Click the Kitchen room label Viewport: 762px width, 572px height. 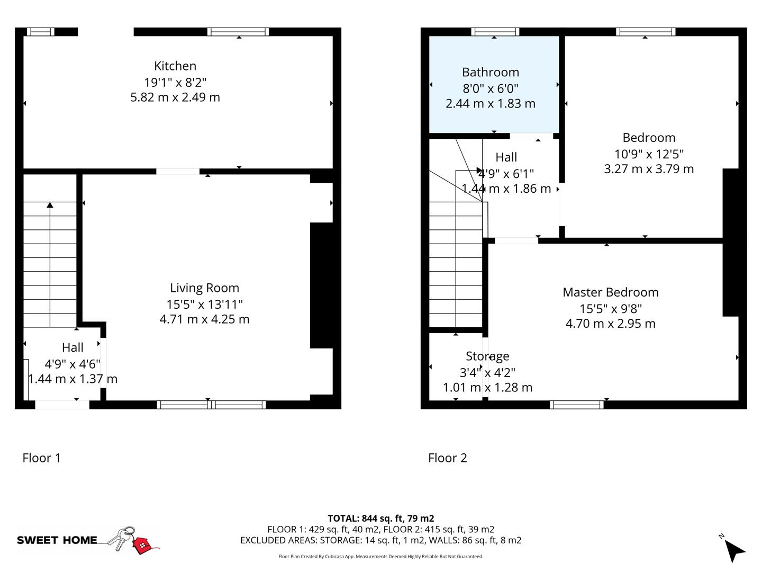point(175,66)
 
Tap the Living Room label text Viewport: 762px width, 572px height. point(204,288)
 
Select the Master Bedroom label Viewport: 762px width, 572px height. point(610,292)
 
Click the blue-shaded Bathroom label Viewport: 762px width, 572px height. point(490,73)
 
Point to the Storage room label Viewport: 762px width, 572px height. point(487,356)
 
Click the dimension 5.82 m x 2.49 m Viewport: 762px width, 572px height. point(175,97)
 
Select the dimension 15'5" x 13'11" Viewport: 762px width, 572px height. point(204,304)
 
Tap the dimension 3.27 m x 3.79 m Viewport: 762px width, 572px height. point(649,169)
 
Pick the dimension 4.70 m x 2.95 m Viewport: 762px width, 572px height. point(610,324)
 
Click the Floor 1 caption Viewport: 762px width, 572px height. point(42,458)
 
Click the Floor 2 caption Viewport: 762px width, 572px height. point(448,458)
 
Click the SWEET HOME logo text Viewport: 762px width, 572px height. point(57,540)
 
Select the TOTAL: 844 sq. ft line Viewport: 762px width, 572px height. point(380,519)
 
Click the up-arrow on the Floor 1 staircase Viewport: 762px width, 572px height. point(50,205)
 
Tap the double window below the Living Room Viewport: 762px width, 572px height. point(212,405)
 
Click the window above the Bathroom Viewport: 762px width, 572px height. point(495,32)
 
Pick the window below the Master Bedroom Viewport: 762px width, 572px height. point(577,405)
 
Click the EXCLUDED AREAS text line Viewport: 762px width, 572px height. point(380,540)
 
